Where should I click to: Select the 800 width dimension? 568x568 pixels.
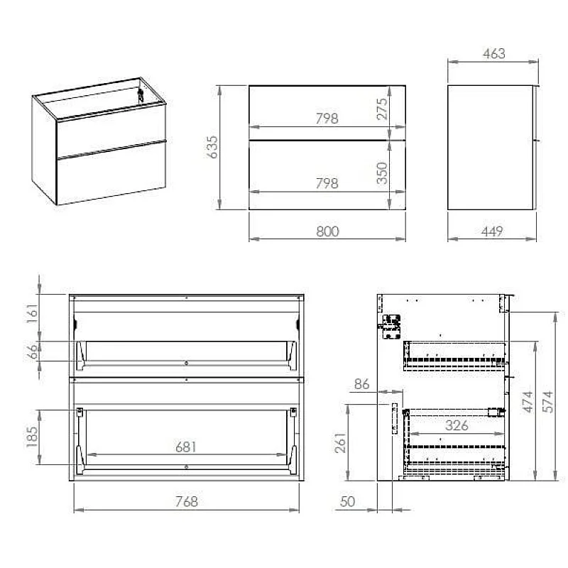[x=327, y=231]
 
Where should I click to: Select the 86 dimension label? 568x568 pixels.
[x=362, y=385]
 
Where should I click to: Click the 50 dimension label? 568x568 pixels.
[x=348, y=502]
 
